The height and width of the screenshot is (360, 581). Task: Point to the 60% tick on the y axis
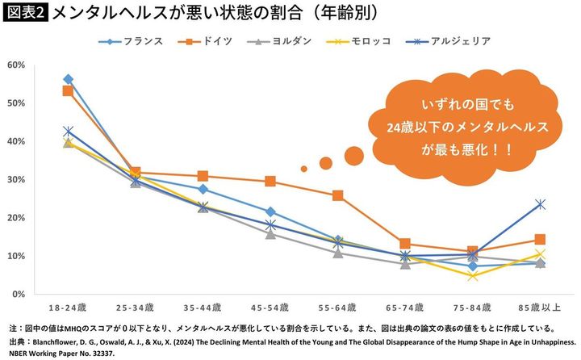[16, 65]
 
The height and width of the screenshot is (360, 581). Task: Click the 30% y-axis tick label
[16, 179]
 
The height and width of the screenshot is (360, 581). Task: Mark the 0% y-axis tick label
[19, 295]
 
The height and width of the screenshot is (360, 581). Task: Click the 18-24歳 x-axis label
[68, 308]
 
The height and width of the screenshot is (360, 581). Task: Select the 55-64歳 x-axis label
[336, 308]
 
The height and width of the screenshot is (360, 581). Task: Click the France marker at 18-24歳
[68, 79]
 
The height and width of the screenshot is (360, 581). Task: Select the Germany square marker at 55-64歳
[337, 195]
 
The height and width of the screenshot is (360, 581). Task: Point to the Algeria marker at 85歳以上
[539, 204]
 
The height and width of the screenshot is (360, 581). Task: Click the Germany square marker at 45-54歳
[270, 182]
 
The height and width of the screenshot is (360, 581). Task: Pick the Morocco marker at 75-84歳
[472, 276]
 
